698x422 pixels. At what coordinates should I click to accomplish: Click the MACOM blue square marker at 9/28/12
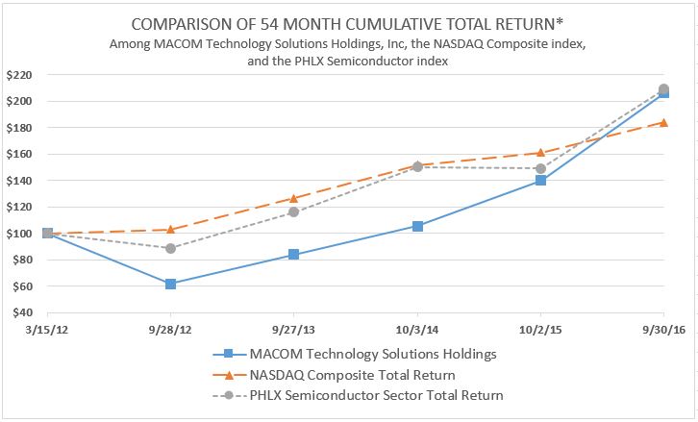click(x=171, y=284)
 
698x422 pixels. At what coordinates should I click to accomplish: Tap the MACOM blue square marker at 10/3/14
click(x=417, y=226)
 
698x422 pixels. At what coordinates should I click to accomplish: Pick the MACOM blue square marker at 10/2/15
click(x=540, y=181)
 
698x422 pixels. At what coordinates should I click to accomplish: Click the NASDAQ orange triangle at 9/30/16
click(x=663, y=122)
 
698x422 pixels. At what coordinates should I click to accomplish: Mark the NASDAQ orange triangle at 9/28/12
click(x=171, y=229)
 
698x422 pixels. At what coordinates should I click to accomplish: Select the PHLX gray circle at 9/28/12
click(x=171, y=248)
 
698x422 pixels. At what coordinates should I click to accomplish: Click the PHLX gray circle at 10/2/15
click(x=540, y=168)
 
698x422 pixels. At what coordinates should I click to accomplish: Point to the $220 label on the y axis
click(x=18, y=75)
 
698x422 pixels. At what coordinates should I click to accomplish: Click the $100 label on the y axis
click(x=18, y=234)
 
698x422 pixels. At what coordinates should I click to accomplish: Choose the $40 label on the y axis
click(x=21, y=313)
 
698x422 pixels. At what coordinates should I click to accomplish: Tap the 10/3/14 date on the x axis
click(x=417, y=330)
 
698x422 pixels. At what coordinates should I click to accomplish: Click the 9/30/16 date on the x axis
click(x=661, y=330)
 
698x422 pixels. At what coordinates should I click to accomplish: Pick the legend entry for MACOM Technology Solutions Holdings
click(x=373, y=354)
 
